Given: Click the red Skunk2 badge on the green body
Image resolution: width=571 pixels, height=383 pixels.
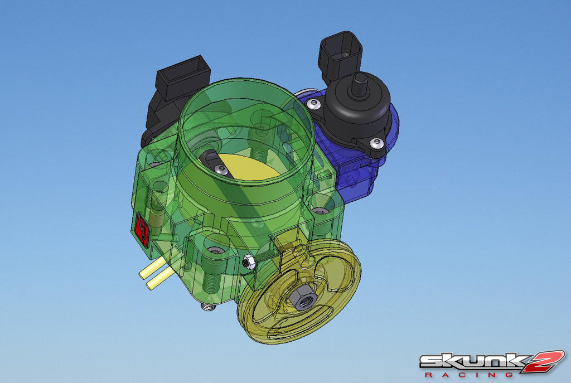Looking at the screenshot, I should [142, 229].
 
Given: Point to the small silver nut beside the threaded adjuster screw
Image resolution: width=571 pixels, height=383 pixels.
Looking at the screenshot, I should [250, 261].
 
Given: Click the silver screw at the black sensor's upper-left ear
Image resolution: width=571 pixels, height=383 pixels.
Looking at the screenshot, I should [316, 104].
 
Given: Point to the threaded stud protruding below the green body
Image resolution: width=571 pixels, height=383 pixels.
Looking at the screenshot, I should [209, 306].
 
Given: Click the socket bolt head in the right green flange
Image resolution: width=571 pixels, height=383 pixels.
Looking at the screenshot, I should [319, 211].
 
